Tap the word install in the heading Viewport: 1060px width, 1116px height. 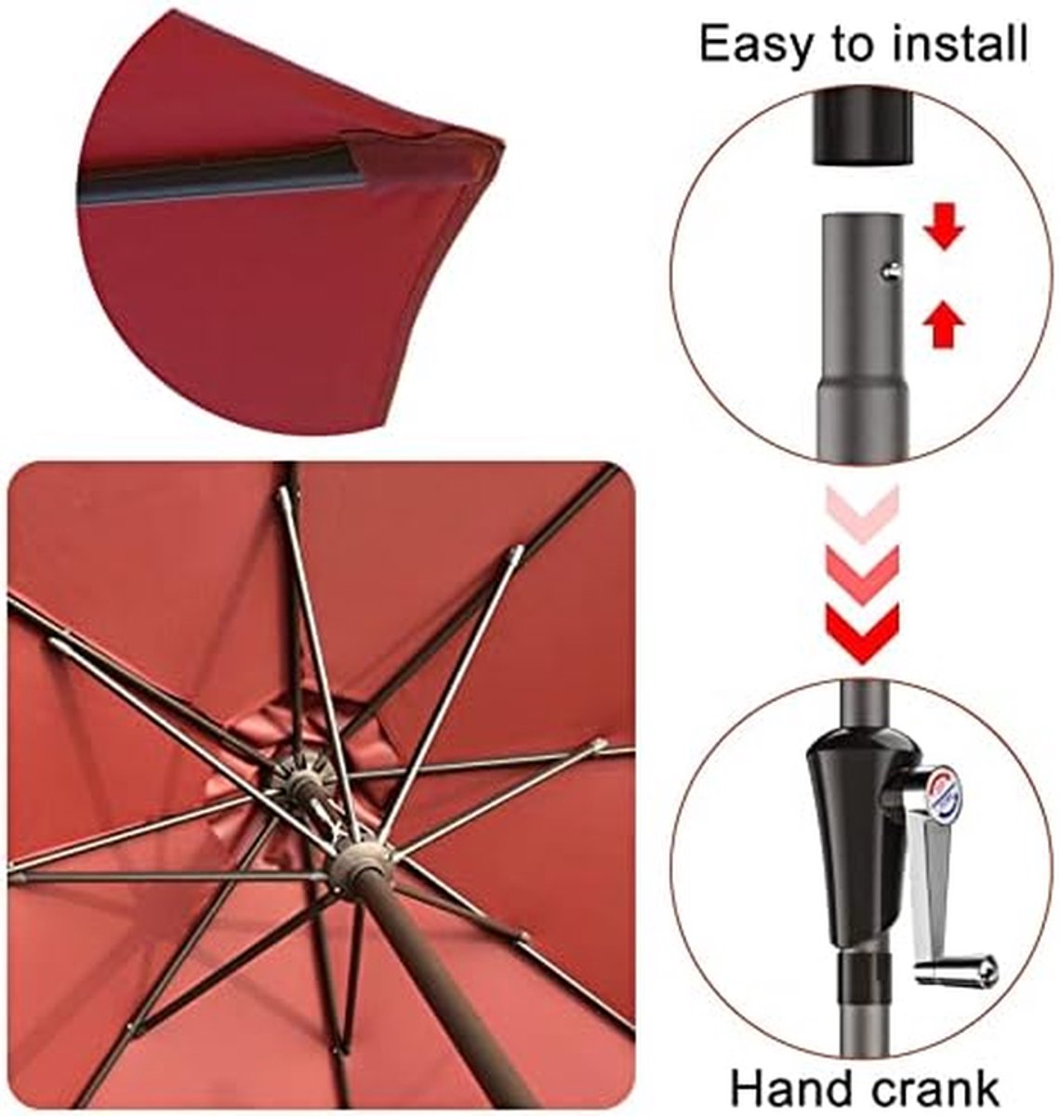(961, 43)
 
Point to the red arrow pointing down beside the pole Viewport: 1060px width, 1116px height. (944, 227)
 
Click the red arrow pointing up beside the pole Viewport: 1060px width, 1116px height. (944, 326)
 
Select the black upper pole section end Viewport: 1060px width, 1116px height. (861, 128)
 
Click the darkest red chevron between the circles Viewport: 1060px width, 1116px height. (863, 633)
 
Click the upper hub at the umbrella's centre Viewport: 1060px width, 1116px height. (299, 780)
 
